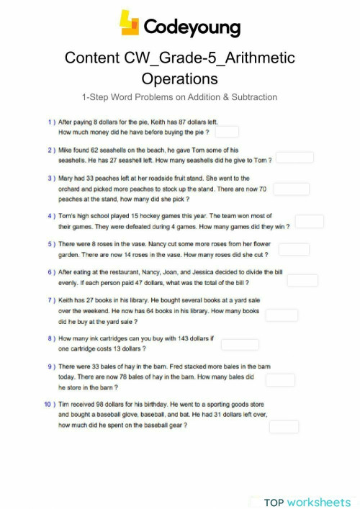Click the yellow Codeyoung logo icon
click(129, 23)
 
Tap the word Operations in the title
click(179, 78)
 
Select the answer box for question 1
click(226, 132)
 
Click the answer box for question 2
click(294, 158)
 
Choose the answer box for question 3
click(291, 189)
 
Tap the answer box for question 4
click(309, 222)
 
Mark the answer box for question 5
click(294, 249)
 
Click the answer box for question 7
click(282, 315)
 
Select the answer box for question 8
click(240, 344)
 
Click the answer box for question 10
click(284, 427)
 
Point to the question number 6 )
click(51, 273)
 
